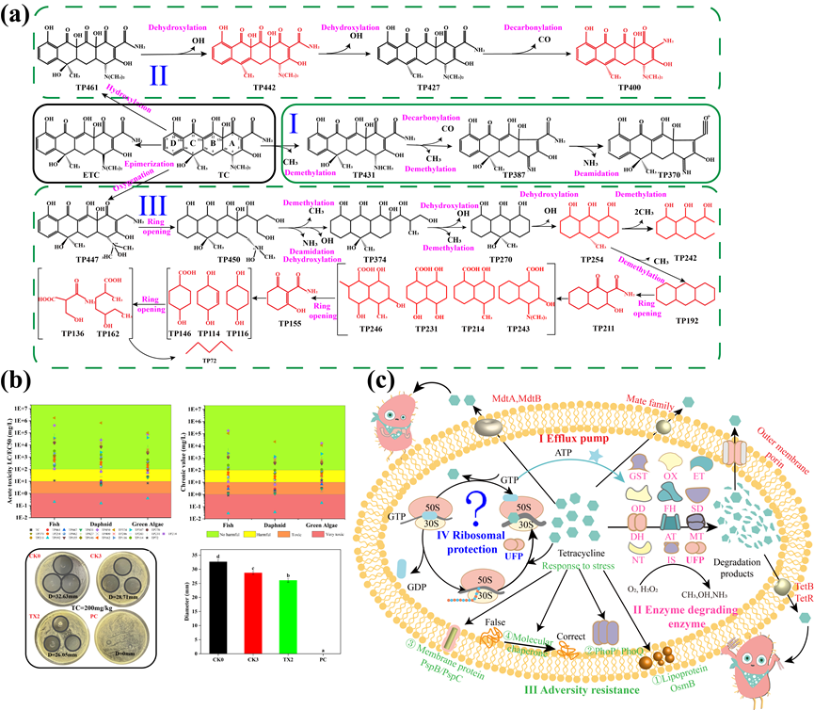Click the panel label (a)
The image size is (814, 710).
(21, 17)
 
